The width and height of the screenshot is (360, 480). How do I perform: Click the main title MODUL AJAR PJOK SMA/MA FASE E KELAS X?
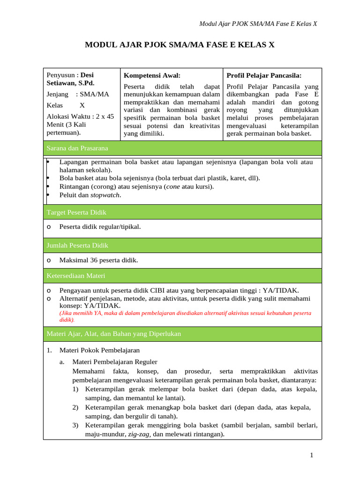pos(180,45)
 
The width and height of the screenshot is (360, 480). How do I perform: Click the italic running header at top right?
pos(258,24)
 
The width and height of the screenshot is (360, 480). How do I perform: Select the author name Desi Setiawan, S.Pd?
pos(71,79)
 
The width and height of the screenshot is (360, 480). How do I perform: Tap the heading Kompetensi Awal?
pos(152,75)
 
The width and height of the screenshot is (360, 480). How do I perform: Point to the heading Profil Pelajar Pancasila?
pos(264,75)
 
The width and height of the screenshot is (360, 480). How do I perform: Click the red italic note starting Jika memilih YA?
pos(185,316)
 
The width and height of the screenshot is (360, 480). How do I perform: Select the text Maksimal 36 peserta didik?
pos(98,260)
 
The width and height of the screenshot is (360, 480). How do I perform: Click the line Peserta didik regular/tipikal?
pos(100,227)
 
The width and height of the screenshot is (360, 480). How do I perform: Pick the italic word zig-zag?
pos(139,434)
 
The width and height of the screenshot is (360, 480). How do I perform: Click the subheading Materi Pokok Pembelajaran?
pos(99,350)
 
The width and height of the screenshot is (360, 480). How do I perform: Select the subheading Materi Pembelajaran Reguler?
pos(114,361)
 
